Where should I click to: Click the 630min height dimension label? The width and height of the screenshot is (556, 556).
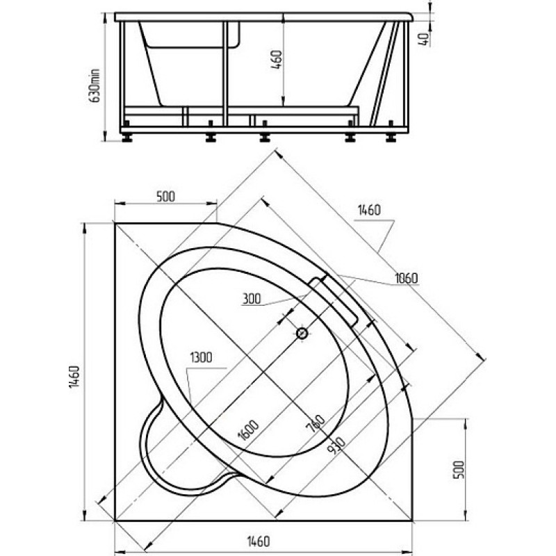pos(95,85)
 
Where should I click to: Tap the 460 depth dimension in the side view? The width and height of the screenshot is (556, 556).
pos(277,60)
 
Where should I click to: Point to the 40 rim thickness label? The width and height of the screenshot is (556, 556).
pos(424,39)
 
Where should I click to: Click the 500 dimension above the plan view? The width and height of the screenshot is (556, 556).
pos(165,196)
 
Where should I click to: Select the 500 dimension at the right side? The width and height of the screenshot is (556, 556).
pos(459,470)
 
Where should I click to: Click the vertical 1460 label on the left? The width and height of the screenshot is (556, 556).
pos(74,377)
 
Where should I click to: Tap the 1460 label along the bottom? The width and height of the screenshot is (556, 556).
pos(258,541)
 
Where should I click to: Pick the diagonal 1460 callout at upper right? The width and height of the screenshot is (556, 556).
pos(369,211)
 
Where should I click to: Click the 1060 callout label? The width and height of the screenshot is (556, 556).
pos(407,279)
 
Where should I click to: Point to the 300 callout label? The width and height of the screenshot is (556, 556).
pos(252,299)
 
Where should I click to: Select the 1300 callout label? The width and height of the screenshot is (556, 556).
pos(202,357)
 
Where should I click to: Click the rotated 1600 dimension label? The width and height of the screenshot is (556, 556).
pos(248,430)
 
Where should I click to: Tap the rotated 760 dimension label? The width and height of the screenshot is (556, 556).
pos(316,423)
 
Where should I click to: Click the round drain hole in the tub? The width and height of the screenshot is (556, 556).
pos(302,334)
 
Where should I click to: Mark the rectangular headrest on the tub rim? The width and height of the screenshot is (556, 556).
pos(333,301)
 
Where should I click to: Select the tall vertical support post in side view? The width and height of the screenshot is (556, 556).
pos(225,74)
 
